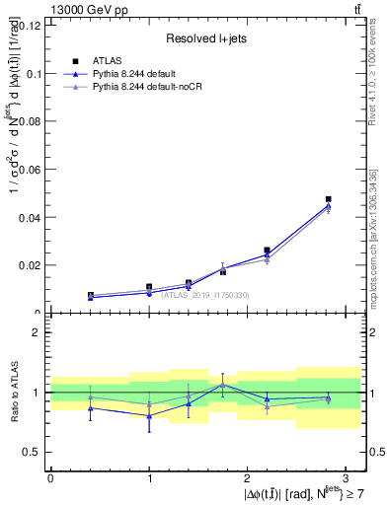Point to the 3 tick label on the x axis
click(346, 478)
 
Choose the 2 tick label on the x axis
click(247, 478)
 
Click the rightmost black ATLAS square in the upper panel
click(328, 199)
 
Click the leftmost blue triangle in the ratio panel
click(91, 407)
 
